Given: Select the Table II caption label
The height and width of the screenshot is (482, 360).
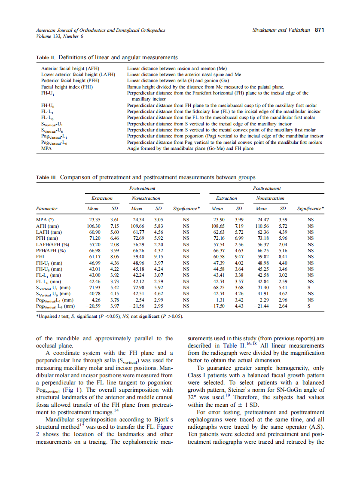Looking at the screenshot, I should pos(46,57).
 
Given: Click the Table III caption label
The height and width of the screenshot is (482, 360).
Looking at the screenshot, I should pos(47,177).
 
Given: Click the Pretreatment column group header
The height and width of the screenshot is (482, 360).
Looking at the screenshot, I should pos(142,188).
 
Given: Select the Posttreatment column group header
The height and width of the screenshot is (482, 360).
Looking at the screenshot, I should pos(267,188).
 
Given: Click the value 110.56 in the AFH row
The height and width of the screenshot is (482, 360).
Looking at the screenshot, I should pos(261,226).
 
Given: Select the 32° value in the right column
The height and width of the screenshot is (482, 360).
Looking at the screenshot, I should pos(192,397).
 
